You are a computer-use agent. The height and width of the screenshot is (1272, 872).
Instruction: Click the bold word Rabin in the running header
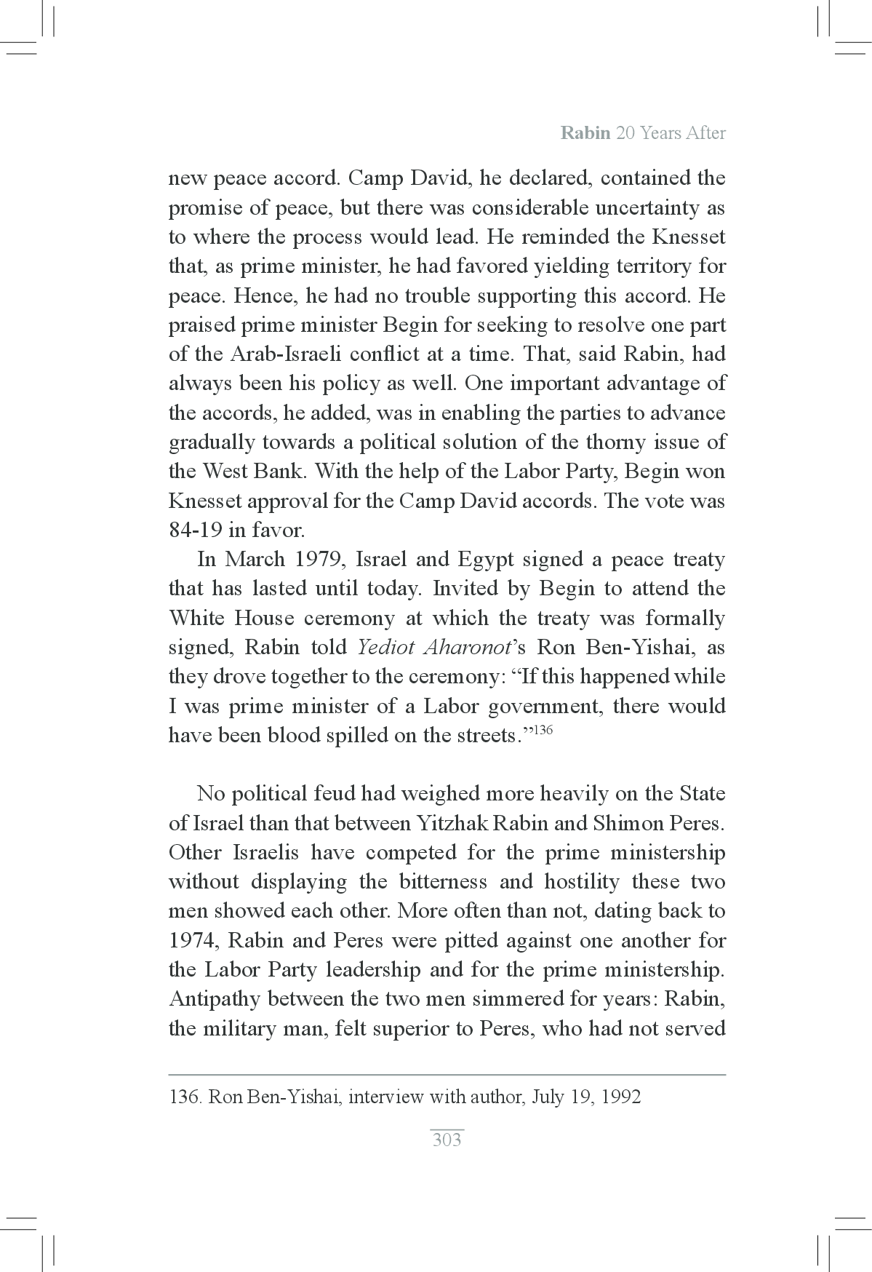585,134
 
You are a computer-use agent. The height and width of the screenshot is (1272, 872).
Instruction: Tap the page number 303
447,1139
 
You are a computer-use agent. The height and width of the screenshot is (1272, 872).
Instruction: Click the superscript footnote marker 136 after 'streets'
544,730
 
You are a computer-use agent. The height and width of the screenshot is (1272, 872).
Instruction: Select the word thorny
607,442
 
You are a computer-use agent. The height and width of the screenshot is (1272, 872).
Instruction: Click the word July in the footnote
548,1097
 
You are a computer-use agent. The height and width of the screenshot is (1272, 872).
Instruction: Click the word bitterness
444,882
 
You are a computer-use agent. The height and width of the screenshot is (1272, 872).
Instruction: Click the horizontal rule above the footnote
447,1074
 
